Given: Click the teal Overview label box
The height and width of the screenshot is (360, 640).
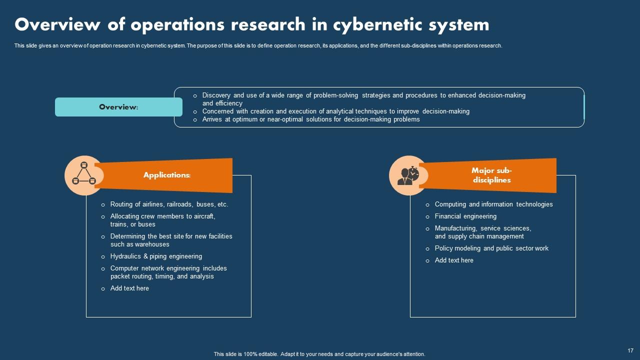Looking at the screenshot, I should pos(118,107).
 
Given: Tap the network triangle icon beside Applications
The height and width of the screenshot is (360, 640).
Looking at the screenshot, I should pos(83,174).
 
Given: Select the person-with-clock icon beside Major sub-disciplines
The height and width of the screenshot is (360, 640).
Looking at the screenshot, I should pos(408,174).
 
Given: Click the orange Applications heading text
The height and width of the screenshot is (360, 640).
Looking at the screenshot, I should pos(167,175).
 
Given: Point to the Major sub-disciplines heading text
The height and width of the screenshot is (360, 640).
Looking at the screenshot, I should pos(491,175).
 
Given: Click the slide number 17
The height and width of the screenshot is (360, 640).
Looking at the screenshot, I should pos(630,350).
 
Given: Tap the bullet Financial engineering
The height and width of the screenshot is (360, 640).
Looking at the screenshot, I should pos(465,216).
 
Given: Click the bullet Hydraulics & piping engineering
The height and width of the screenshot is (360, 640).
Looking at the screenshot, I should pos(156,256).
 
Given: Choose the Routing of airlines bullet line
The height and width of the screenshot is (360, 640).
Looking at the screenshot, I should pos(169,204).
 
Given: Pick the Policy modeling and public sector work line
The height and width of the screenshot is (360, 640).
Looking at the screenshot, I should pos(491,248).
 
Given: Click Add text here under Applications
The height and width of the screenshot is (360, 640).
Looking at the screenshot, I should pos(129,288).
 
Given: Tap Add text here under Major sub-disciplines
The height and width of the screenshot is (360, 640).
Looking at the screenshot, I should pos(454,260).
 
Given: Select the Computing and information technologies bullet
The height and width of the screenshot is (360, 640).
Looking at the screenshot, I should pos(493,204).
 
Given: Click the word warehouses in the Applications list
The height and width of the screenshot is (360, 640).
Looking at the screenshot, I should pos(152,244).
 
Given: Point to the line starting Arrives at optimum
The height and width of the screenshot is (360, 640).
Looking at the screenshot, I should pos(310,119).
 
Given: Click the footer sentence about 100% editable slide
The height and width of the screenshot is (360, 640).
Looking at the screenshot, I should pos(319,354).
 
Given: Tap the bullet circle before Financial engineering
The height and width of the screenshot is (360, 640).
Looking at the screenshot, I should pos(427,216).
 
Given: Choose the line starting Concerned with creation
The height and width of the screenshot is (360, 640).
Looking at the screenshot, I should pos(335,111).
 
